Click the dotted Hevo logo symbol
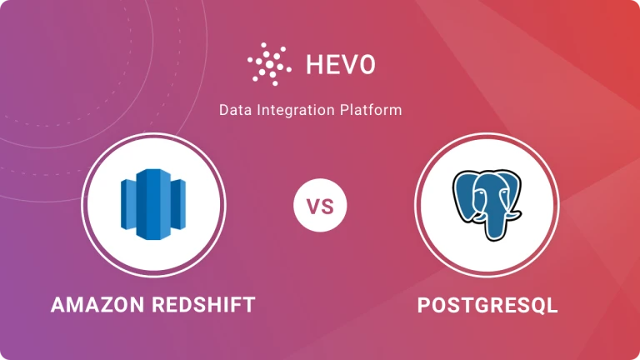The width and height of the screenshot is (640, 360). point(267,62)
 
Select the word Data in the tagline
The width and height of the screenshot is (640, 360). point(234,109)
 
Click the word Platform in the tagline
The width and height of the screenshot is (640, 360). point(371,109)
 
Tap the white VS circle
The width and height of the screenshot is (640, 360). point(320,204)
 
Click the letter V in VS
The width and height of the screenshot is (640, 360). point(313,204)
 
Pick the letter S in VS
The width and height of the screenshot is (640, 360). point(327,204)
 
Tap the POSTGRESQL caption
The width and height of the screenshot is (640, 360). point(487,305)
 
